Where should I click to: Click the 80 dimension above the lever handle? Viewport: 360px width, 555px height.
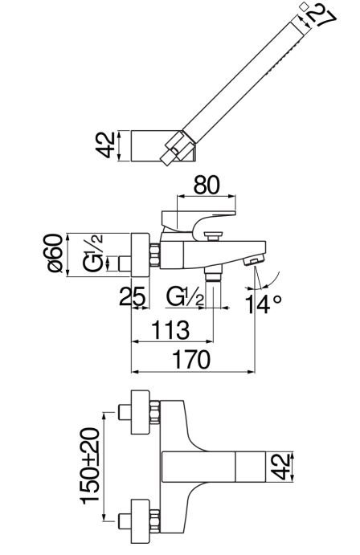207,185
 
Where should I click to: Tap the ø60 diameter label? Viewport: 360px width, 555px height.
55,253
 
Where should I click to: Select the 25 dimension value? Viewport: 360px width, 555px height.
133,296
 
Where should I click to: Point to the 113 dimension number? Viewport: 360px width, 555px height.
170,330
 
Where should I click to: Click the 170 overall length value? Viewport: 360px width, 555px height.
191,360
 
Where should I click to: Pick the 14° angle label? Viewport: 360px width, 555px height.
264,304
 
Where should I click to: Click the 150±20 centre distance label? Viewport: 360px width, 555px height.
89,466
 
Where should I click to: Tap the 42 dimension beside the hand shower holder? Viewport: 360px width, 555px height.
106,145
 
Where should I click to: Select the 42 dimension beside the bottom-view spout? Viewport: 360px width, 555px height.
282,467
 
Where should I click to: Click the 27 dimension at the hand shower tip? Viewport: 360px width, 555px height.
320,17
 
